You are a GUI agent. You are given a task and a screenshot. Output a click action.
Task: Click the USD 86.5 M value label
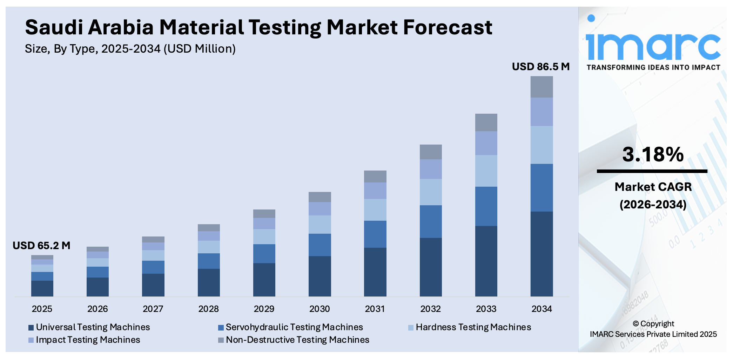(540, 67)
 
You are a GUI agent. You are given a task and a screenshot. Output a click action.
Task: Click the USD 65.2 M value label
(41, 246)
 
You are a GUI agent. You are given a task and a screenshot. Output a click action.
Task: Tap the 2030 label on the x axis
(320, 309)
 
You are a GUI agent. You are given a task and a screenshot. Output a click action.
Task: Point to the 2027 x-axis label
(153, 309)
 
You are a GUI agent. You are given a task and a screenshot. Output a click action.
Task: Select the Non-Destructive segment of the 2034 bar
(542, 87)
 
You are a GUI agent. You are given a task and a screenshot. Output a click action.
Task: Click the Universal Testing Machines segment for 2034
(542, 254)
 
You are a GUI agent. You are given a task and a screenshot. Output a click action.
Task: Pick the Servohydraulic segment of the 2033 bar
(486, 206)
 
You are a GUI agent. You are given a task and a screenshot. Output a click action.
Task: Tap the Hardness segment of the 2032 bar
(431, 192)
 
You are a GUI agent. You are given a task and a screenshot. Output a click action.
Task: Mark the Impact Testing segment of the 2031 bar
(375, 191)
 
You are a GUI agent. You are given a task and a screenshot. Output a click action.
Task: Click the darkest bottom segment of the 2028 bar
(209, 282)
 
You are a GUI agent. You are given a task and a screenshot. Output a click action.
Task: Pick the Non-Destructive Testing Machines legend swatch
(221, 340)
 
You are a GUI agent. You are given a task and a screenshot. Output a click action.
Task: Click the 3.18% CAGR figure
(653, 154)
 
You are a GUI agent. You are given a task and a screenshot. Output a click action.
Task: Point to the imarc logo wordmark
(653, 46)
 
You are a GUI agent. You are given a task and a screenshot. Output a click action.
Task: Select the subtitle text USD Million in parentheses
(200, 49)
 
